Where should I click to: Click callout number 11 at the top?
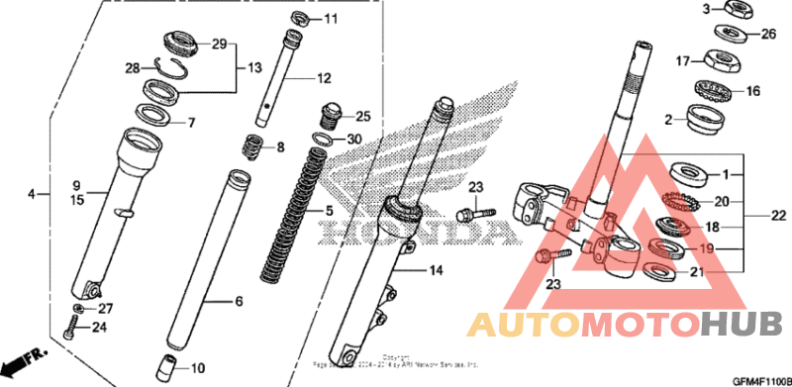click(331, 19)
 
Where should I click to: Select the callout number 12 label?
click(323, 78)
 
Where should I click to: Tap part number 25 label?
click(362, 116)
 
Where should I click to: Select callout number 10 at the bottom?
click(198, 368)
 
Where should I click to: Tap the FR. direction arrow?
click(24, 359)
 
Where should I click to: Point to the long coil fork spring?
click(294, 211)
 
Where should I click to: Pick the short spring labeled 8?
click(253, 148)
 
